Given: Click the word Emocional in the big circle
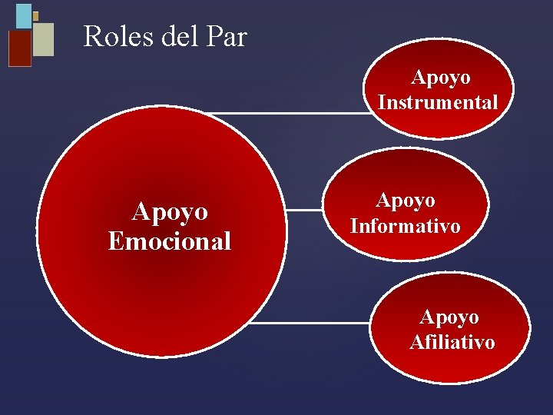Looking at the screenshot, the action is coord(170,241).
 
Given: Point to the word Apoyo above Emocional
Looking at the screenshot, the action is coord(170,211).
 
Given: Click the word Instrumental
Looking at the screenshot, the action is coord(438,102).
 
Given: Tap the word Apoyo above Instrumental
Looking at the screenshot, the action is coord(441,78).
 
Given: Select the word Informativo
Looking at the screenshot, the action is coord(405,226).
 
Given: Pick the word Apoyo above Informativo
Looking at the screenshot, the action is coord(405,201).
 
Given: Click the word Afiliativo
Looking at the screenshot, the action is coord(452,342).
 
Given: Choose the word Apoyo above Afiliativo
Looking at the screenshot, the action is coord(449,317).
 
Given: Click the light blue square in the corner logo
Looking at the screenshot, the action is coord(24,15).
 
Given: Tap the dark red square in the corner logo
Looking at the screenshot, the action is coord(19,48).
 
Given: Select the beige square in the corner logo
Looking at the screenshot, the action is coord(44,39).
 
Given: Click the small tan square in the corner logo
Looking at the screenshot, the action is coord(35,15).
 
